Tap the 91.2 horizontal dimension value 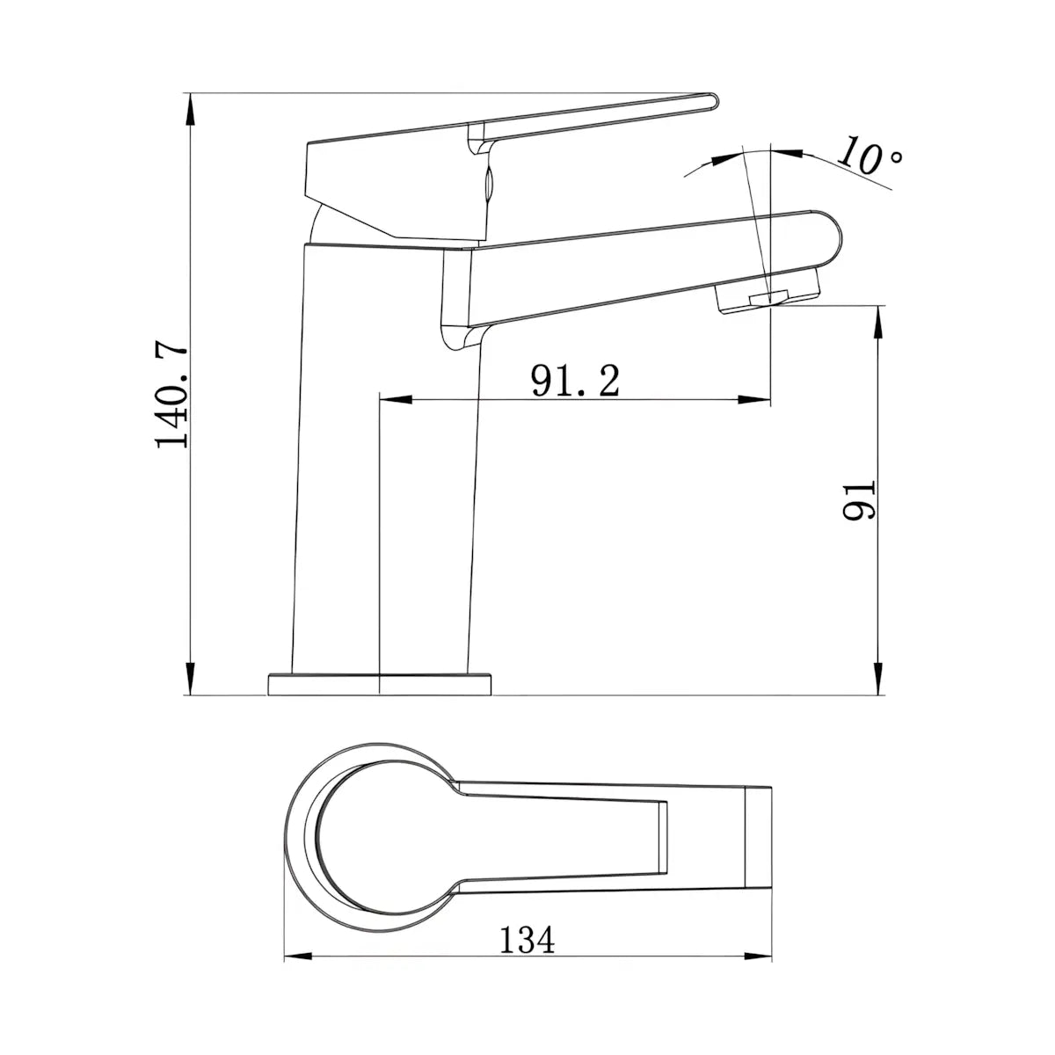pos(575,381)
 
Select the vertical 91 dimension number pos(859,500)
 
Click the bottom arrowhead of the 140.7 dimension pos(190,679)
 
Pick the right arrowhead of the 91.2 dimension pos(754,400)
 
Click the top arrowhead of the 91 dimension pos(878,322)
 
